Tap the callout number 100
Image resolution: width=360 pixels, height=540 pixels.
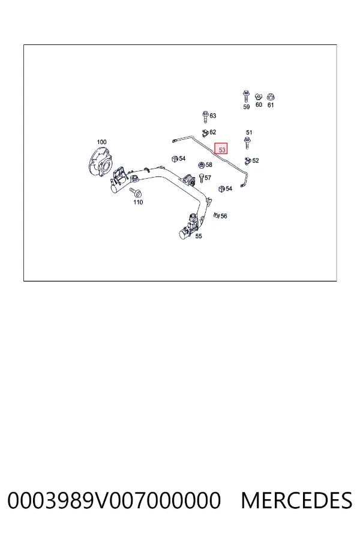click(101, 142)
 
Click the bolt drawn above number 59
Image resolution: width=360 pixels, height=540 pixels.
click(246, 97)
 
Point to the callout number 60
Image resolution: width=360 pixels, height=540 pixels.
click(259, 104)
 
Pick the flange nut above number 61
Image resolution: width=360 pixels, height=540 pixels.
click(271, 97)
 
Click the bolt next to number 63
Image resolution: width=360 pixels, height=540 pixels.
click(205, 117)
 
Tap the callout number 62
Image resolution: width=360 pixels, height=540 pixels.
click(212, 132)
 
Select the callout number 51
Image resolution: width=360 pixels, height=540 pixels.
click(249, 132)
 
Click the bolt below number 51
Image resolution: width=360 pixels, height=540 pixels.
click(247, 143)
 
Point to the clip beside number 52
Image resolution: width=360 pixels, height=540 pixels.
click(248, 160)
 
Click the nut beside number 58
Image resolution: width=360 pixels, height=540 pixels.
click(202, 165)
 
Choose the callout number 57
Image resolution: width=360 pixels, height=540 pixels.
click(208, 178)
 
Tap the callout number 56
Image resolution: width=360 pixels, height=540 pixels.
click(224, 216)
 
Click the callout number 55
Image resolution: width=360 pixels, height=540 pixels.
click(199, 236)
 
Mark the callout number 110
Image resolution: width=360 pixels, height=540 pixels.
click(138, 202)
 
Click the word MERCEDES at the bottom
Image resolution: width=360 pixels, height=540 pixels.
click(296, 500)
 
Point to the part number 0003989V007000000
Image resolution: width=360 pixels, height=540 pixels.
click(114, 500)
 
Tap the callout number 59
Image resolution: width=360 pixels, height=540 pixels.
click(247, 107)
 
